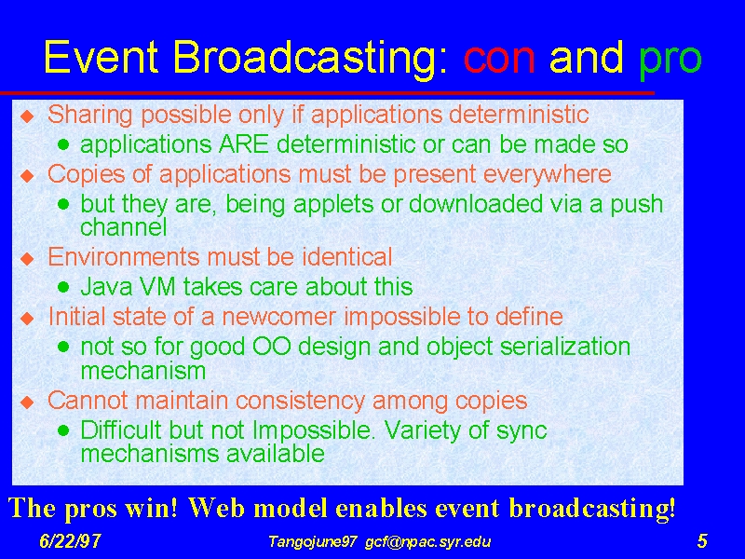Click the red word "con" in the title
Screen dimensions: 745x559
[x=499, y=58]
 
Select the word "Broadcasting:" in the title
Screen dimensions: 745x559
[x=310, y=59]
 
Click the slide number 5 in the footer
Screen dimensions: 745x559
[x=702, y=541]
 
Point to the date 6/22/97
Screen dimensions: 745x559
[x=70, y=541]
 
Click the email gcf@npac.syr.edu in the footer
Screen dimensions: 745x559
[x=428, y=542]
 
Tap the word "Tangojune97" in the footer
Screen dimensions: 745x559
[x=312, y=542]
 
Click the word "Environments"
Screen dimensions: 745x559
[x=124, y=257]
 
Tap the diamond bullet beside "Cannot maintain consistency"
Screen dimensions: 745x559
[x=28, y=402]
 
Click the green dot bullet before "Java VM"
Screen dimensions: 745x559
[x=63, y=286]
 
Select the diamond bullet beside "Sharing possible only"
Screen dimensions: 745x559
[x=28, y=116]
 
